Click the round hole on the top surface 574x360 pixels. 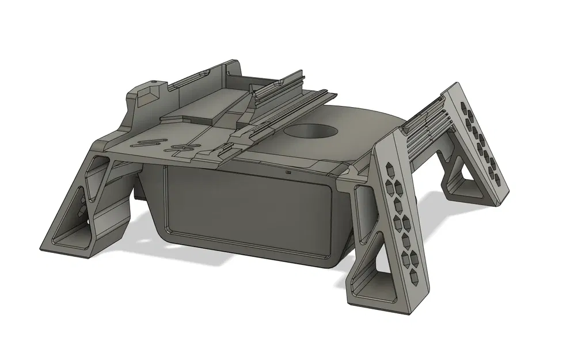pos(311,131)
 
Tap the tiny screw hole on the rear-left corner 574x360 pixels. pos(154,79)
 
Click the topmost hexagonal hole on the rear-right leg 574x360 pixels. pos(463,107)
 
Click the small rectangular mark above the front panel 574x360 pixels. pos(287,171)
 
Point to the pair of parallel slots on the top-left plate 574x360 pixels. pos(149,142)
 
